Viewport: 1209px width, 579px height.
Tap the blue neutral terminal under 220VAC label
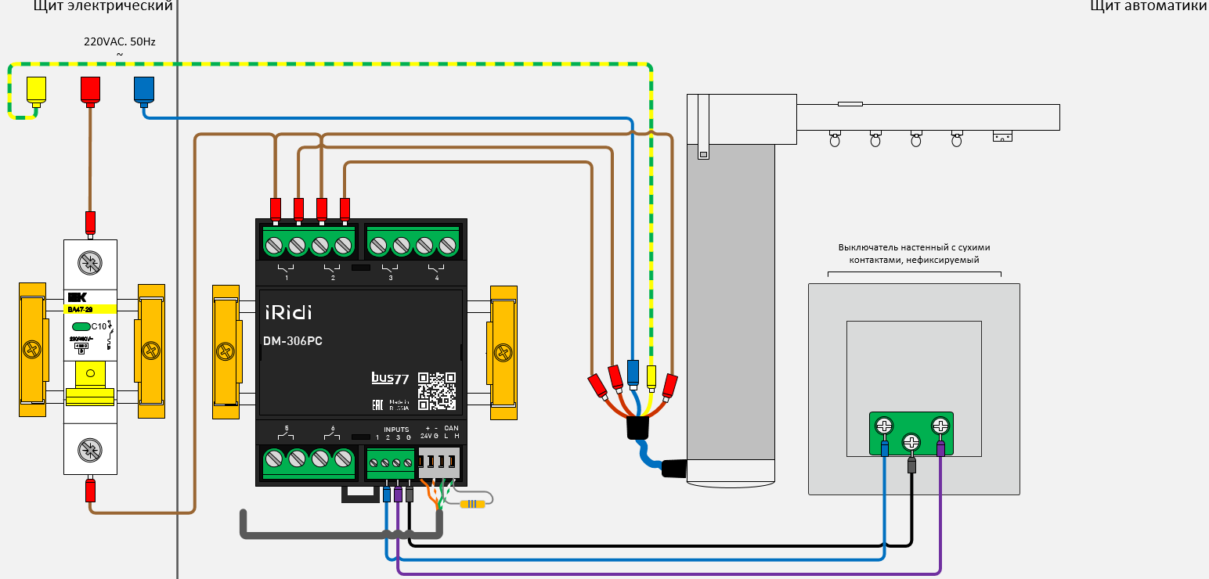click(x=144, y=90)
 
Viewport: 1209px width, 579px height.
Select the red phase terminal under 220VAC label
click(x=90, y=90)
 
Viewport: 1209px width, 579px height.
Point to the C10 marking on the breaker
click(x=99, y=326)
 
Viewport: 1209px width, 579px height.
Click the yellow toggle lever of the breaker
click(x=90, y=376)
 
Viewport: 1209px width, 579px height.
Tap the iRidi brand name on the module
click(x=287, y=312)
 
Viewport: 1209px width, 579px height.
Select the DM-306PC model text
click(x=293, y=341)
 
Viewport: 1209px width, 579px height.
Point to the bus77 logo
click(x=390, y=378)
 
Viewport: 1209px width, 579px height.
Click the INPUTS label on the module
click(x=396, y=430)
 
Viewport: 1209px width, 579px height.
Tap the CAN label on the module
click(x=451, y=428)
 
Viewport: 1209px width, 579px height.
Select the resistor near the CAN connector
click(x=472, y=504)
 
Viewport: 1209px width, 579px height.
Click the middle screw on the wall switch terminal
click(x=911, y=442)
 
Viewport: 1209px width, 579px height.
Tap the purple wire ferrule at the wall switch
click(x=940, y=448)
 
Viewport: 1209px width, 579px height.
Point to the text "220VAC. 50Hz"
click(x=120, y=41)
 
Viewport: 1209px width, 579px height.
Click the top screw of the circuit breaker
click(x=90, y=262)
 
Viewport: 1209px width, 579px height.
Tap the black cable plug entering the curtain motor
click(x=674, y=469)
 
